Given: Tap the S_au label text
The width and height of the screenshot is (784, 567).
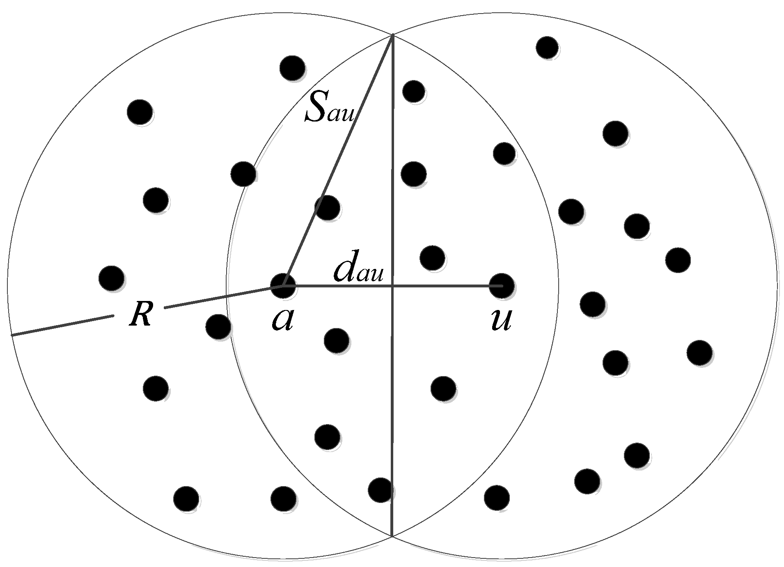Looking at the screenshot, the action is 328,107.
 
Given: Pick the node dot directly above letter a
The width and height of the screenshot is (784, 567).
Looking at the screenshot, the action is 283,285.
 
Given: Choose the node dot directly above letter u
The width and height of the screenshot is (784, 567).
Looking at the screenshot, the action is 502,285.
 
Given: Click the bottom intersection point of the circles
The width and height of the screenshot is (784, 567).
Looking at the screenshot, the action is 392,536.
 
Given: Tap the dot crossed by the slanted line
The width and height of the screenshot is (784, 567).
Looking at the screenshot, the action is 327,207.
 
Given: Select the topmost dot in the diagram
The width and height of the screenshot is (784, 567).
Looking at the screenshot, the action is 547,47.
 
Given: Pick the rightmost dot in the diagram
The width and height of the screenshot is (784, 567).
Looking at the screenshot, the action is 699,352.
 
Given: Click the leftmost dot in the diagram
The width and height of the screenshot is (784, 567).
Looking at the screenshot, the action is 112,278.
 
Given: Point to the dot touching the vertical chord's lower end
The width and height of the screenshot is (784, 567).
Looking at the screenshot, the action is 381,489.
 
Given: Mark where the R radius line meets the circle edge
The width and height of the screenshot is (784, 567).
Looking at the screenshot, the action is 12,335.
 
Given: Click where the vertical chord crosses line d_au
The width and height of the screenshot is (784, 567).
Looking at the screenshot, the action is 392,285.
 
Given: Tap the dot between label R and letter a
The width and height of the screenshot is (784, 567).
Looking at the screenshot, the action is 218,327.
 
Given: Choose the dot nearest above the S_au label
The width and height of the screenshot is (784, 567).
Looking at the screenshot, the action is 292,67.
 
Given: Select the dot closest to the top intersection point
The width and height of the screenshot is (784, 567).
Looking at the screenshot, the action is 413,91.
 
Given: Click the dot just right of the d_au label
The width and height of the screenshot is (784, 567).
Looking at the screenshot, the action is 433,258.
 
